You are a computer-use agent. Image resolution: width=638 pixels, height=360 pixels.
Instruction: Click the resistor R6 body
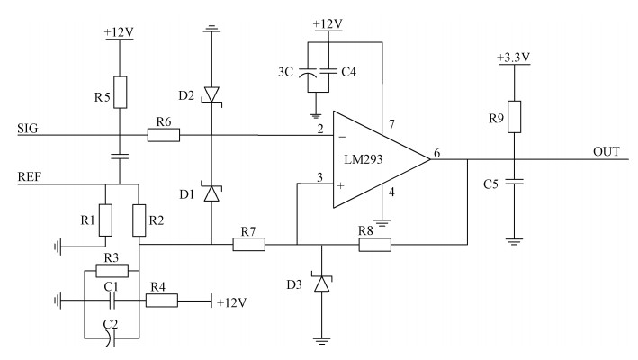pos(164,135)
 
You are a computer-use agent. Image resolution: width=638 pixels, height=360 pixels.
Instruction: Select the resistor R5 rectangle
pos(120,93)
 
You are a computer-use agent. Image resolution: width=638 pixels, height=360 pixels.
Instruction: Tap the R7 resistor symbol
pos(249,245)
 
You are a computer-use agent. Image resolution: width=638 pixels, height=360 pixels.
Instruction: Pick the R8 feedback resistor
pos(374,245)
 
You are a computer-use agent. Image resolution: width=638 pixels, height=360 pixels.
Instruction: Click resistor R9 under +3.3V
pos(515,117)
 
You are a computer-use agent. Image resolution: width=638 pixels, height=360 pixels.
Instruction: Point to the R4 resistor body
pos(162,301)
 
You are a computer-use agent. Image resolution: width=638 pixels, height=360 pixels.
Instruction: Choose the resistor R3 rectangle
pos(112,271)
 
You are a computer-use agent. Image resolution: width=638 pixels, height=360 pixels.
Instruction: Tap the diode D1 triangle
pos(211,193)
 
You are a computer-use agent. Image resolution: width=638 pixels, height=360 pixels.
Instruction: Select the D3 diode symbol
pos(322,283)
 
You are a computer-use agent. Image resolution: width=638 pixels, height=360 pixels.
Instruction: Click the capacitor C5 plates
pos(515,182)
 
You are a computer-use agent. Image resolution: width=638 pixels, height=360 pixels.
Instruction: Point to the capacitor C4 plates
pos(328,72)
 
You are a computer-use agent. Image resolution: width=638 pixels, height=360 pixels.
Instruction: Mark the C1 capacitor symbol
pos(112,301)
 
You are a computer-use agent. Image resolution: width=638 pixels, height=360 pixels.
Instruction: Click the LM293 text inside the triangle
pos(364,159)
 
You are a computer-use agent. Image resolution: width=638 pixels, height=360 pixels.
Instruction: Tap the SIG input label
pos(28,129)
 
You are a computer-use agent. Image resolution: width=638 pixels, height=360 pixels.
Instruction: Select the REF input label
pos(30,177)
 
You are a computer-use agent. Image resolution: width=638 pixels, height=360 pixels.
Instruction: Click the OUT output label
pos(607,152)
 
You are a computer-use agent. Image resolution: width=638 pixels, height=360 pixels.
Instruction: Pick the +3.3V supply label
pos(514,58)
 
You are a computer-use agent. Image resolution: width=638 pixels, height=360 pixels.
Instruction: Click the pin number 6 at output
pos(436,153)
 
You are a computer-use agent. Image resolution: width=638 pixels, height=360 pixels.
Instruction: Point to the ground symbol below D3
pos(322,341)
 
